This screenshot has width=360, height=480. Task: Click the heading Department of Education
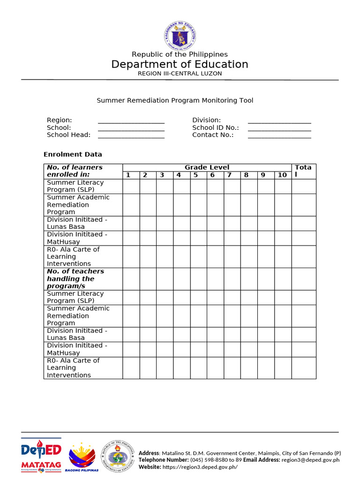[180, 64]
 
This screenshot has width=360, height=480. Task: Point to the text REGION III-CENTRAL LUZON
[180, 74]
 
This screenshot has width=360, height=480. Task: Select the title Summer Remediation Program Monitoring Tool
[175, 100]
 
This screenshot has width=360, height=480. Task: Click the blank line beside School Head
[131, 135]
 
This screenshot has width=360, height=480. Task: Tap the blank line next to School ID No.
[279, 128]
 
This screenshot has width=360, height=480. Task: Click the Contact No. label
[213, 135]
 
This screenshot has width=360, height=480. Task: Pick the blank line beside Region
[131, 121]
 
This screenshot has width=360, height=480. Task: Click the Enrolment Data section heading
[73, 154]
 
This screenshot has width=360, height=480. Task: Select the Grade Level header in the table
[207, 167]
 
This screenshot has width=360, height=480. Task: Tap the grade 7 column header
[229, 175]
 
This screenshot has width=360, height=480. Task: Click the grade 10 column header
[282, 175]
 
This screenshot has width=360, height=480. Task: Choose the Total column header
[303, 171]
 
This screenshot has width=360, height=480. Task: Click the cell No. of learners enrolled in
[75, 171]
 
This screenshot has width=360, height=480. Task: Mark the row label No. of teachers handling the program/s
[75, 278]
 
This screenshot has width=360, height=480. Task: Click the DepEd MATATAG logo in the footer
[41, 455]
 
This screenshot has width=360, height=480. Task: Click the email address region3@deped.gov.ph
[310, 460]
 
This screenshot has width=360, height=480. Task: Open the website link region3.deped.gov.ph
[200, 467]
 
